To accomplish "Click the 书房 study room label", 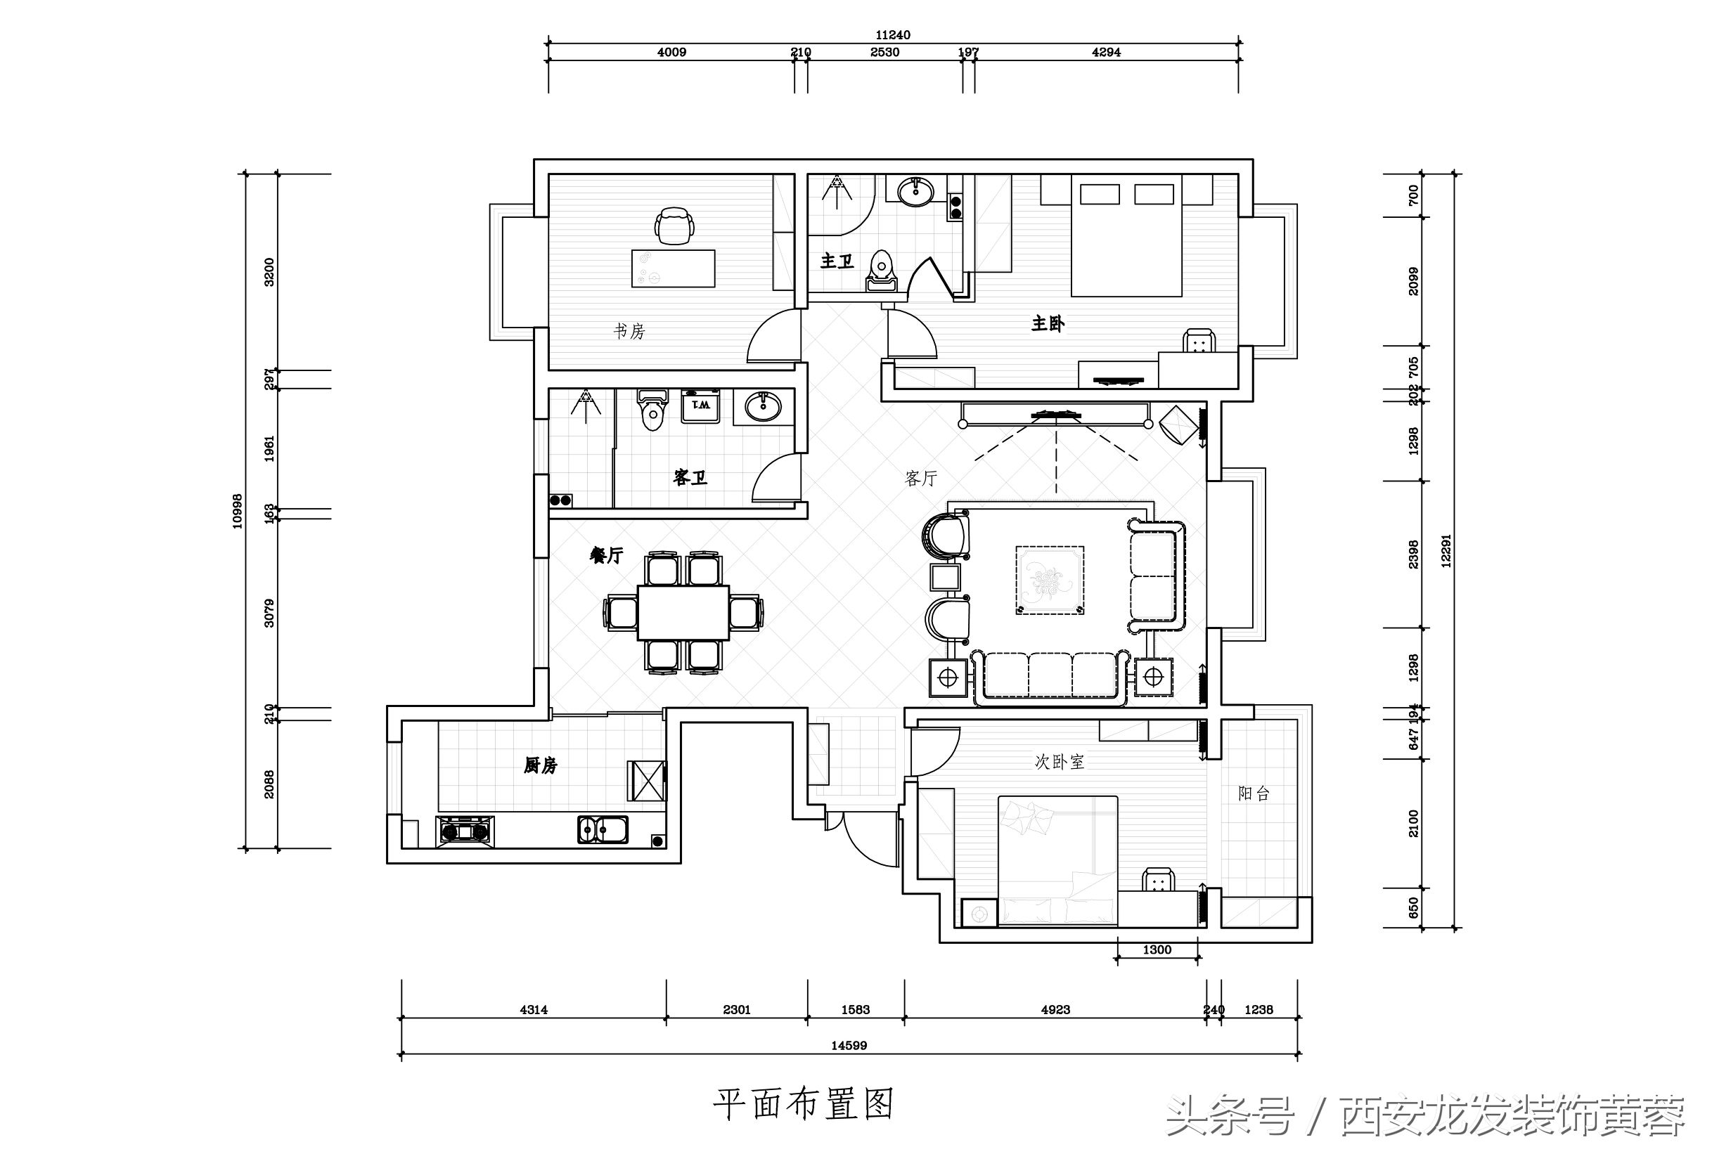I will pyautogui.click(x=629, y=332).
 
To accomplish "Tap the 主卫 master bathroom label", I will pyautogui.click(x=837, y=261).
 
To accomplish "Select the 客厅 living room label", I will pyautogui.click(x=921, y=479).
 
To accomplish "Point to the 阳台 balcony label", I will pyautogui.click(x=1254, y=793).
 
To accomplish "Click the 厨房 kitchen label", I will pyautogui.click(x=540, y=766).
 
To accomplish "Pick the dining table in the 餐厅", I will pyautogui.click(x=683, y=612).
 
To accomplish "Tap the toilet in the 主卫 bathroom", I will pyautogui.click(x=881, y=271).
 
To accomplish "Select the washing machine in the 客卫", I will pyautogui.click(x=700, y=406).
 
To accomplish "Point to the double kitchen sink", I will pyautogui.click(x=603, y=829).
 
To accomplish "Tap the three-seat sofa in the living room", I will pyautogui.click(x=1050, y=676).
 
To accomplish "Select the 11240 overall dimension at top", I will pyautogui.click(x=893, y=34).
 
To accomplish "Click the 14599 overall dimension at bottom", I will pyautogui.click(x=849, y=1045).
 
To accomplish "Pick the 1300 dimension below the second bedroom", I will pyautogui.click(x=1157, y=950).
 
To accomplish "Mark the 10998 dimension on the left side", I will pyautogui.click(x=237, y=511).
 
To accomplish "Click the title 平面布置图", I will pyautogui.click(x=803, y=1104).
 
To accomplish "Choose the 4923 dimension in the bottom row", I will pyautogui.click(x=1055, y=1010).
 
